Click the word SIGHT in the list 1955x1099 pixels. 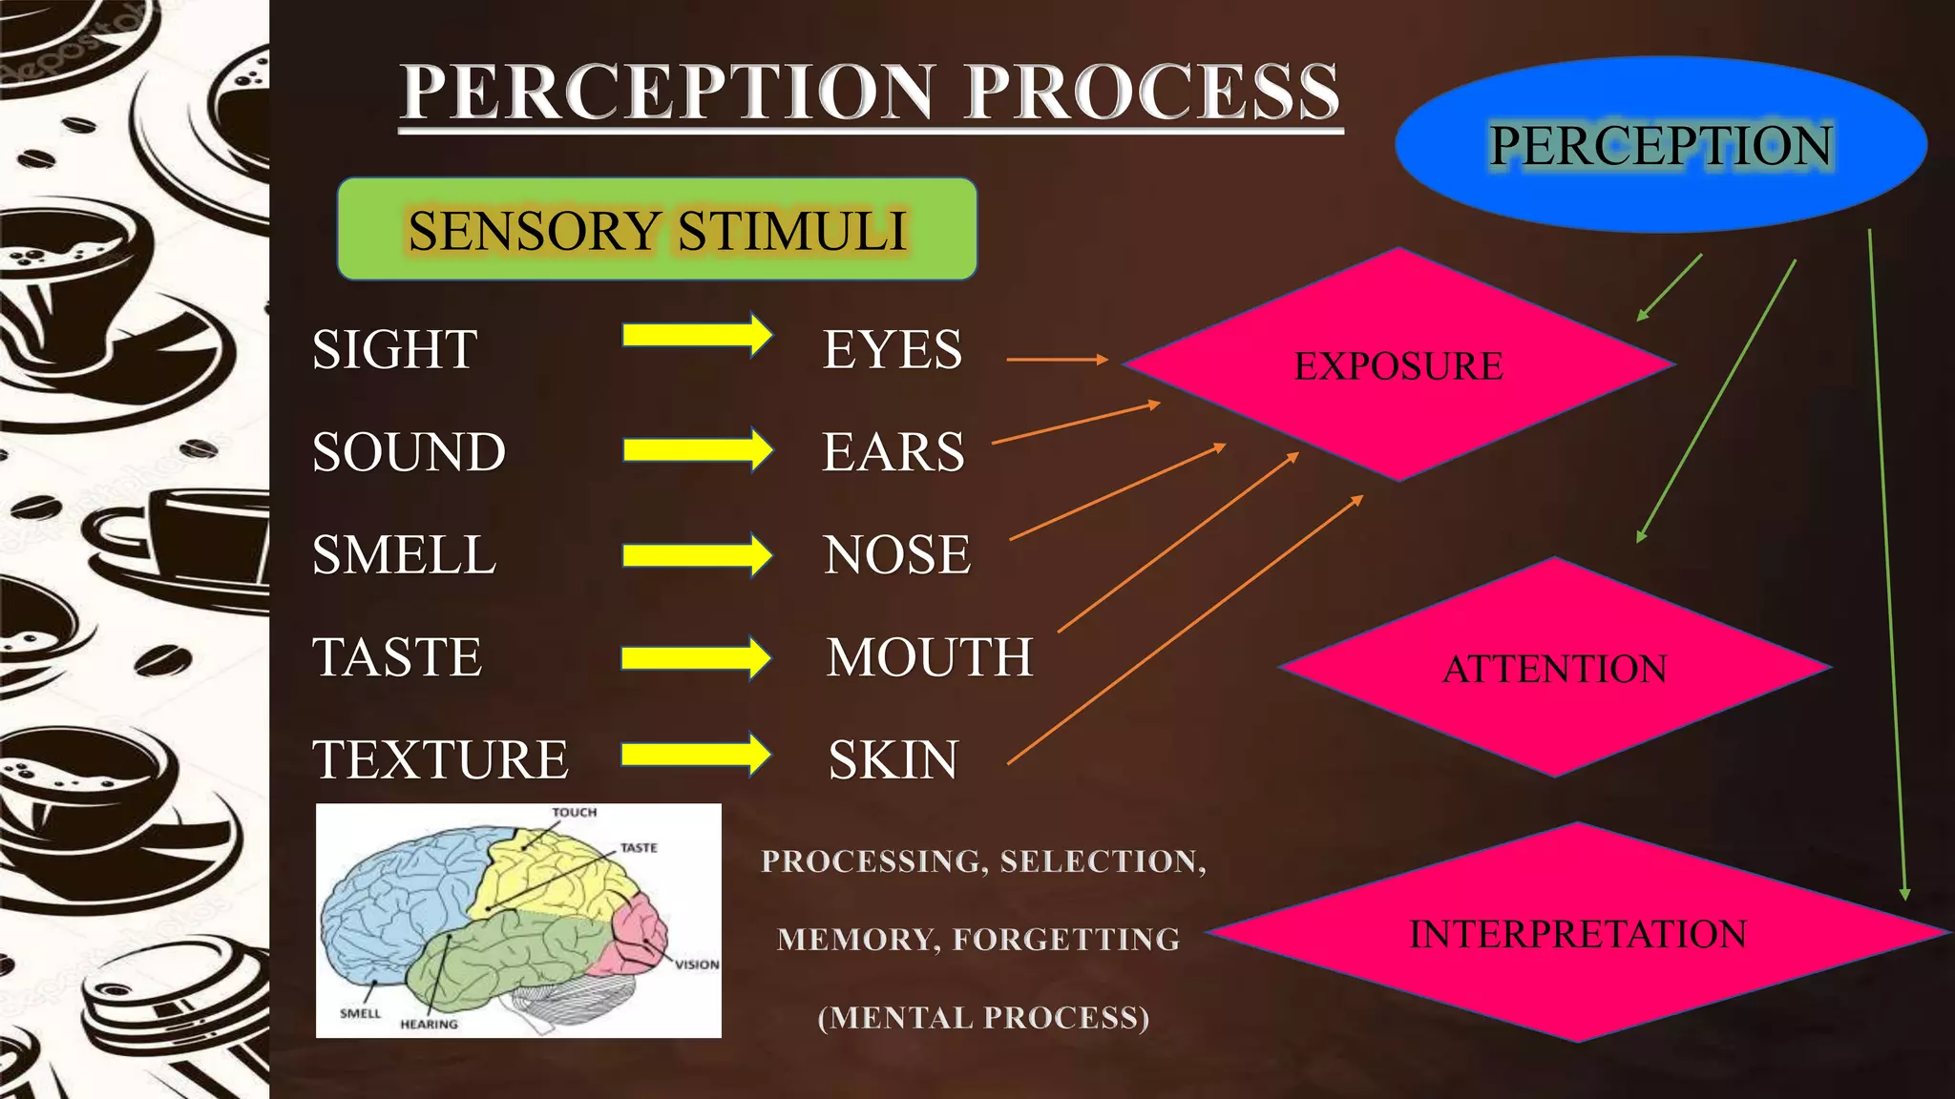394,349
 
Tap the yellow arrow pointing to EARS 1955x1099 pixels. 697,449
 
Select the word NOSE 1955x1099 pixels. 896,554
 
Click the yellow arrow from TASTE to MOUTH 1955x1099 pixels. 696,658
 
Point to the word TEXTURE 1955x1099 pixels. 440,760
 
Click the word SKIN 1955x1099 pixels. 893,760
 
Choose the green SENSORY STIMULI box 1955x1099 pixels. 657,229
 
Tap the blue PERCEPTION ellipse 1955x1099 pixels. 1661,145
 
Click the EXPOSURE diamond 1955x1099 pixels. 1398,366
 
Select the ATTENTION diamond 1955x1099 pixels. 1554,668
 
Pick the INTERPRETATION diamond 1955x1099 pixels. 1578,933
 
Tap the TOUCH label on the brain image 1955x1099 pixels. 574,813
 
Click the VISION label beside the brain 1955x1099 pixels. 697,964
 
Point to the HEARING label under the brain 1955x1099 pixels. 429,1024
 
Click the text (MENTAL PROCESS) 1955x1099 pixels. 983,1017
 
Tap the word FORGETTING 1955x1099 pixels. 1066,939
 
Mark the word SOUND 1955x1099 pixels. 409,452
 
